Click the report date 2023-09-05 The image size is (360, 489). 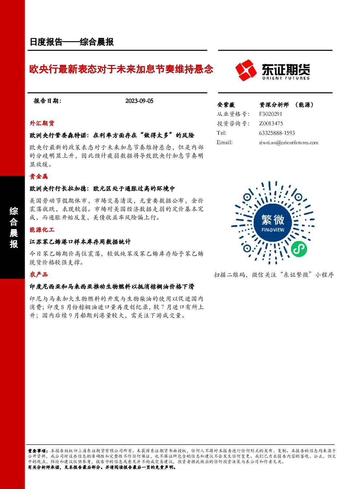[x=139, y=101]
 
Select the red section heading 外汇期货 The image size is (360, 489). [x=42, y=123]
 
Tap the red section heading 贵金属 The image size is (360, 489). [x=38, y=176]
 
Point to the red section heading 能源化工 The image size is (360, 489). [x=42, y=230]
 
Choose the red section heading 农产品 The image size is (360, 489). [x=38, y=274]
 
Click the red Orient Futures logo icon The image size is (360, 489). [x=246, y=70]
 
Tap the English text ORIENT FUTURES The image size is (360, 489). [x=286, y=78]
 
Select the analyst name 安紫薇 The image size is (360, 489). [x=226, y=105]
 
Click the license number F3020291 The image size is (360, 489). [x=271, y=114]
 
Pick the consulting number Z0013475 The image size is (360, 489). [x=271, y=123]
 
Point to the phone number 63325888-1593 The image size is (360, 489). [x=277, y=133]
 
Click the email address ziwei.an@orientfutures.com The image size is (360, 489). [x=289, y=143]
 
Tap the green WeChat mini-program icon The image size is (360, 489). [x=299, y=249]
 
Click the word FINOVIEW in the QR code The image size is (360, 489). [x=273, y=230]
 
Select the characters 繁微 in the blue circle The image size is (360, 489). [x=273, y=219]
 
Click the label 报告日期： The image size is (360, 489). [x=48, y=101]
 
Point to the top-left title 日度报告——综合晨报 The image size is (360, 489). [x=72, y=42]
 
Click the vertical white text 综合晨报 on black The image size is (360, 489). [x=13, y=227]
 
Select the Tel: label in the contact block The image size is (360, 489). [x=221, y=133]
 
